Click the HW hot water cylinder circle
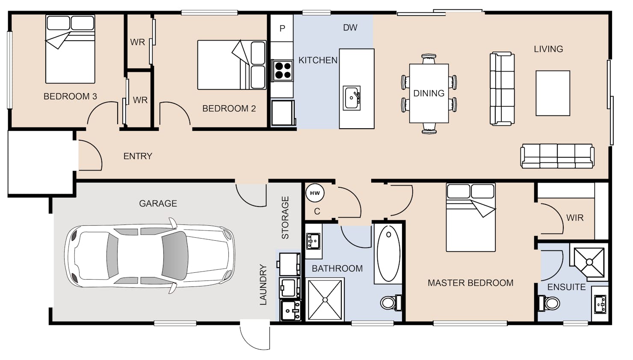[x=315, y=193]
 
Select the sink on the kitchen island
[x=352, y=98]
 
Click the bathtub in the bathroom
[x=388, y=254]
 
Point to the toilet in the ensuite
[x=549, y=303]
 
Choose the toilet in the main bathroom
[x=391, y=303]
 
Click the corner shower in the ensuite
[x=589, y=262]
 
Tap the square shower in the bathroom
[x=325, y=300]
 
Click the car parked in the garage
[x=150, y=256]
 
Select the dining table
[x=429, y=93]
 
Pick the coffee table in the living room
[x=553, y=93]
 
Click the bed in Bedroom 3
[x=70, y=49]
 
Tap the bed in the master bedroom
[x=471, y=217]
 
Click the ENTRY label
[x=138, y=156]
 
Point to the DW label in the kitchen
[x=350, y=27]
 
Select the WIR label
[x=575, y=218]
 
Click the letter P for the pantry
[x=282, y=28]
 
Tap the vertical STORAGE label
[x=285, y=218]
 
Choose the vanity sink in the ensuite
[x=600, y=304]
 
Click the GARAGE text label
[x=158, y=204]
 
